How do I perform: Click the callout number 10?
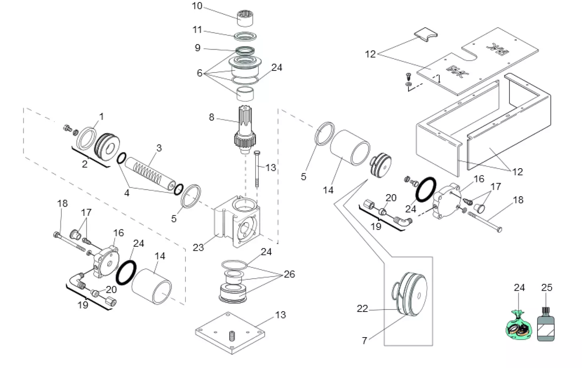click(x=197, y=6)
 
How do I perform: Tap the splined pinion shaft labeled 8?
click(x=245, y=130)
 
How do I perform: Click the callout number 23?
click(x=198, y=247)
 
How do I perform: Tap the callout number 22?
click(x=362, y=309)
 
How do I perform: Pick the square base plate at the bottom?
click(x=230, y=332)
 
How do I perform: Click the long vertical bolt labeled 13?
click(x=257, y=168)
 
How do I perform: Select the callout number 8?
click(x=211, y=117)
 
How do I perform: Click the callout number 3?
click(x=159, y=148)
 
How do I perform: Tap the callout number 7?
click(x=364, y=340)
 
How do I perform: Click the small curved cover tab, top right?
click(x=425, y=34)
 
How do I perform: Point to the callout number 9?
click(x=197, y=48)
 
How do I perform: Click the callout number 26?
click(x=289, y=274)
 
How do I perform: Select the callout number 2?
click(x=85, y=164)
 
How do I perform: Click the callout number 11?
click(x=197, y=30)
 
